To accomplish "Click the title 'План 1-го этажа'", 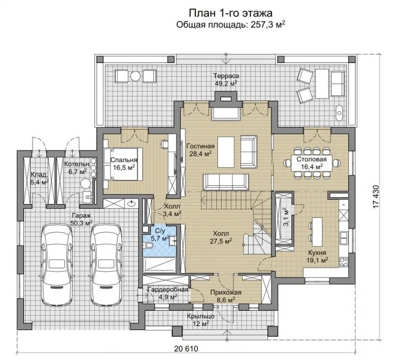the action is (231, 13).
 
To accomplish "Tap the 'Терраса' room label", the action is (226, 76).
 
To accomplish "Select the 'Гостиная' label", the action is (200, 146).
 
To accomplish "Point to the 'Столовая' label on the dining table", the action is (312, 159).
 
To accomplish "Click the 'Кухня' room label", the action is (317, 253).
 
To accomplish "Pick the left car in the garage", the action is (56, 265).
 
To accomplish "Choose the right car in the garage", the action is (106, 265).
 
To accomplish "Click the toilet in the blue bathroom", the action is (148, 245).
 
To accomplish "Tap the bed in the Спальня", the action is (123, 164).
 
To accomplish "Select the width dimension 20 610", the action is (186, 349).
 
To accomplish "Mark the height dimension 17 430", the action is (376, 197).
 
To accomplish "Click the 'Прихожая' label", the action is (226, 292).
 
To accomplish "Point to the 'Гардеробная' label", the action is (168, 290).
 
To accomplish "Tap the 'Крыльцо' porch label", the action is (201, 316).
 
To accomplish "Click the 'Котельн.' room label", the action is (77, 164).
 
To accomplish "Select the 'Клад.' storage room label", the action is (39, 175).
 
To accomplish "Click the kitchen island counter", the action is (317, 232).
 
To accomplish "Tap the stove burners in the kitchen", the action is (344, 262).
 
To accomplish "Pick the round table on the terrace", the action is (136, 76).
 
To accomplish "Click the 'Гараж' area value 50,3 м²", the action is (81, 223).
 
